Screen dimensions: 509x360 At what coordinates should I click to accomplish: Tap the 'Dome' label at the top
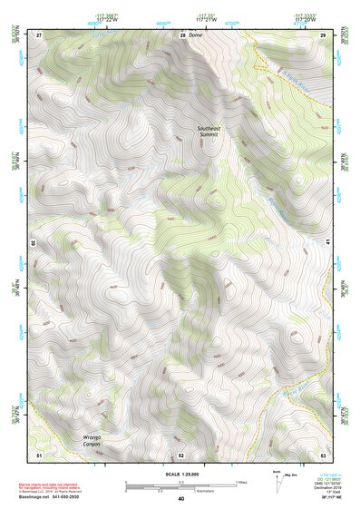[x=194, y=34]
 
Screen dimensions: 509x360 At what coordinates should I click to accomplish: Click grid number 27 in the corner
[x=39, y=34]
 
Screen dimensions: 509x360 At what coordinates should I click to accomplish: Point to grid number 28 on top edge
[x=182, y=34]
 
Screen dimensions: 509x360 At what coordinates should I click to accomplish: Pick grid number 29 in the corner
[x=323, y=34]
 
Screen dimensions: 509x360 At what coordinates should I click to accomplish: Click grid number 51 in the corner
[x=38, y=454]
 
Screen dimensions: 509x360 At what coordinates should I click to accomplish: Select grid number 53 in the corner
[x=323, y=454]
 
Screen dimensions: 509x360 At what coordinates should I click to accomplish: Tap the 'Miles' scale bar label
[x=240, y=481]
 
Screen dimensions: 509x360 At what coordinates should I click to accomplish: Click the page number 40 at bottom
[x=180, y=499]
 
